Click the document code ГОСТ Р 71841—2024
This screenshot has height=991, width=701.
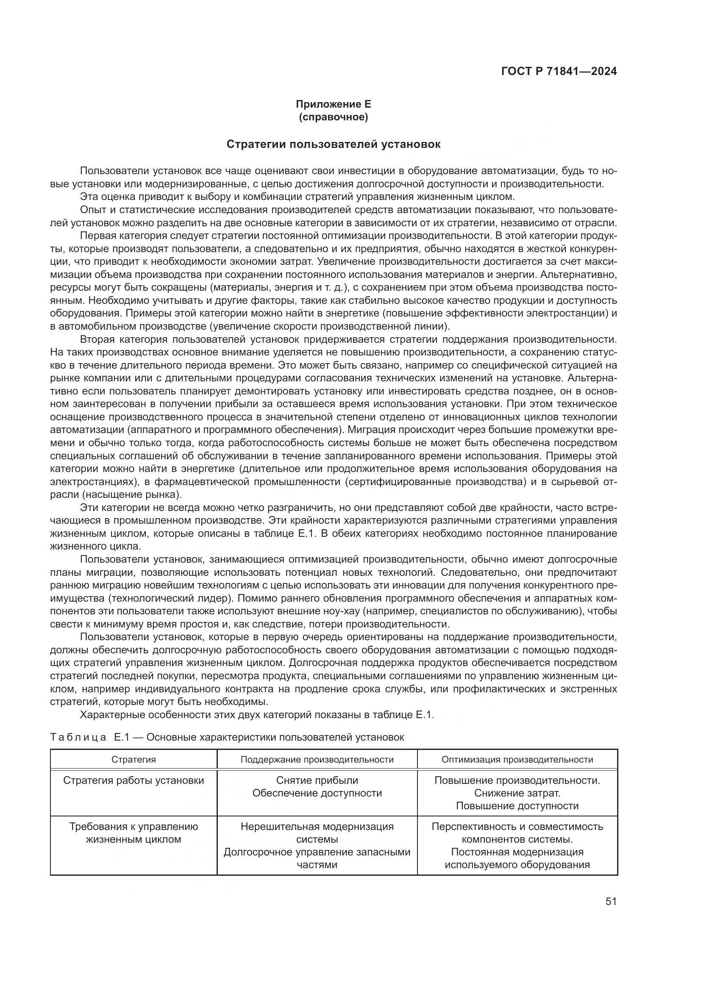point(559,72)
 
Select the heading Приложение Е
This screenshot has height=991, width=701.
point(333,104)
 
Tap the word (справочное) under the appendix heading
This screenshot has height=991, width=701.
point(333,117)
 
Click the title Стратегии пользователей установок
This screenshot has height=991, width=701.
point(333,144)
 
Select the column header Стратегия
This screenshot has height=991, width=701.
point(134,759)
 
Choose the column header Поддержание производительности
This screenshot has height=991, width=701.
point(317,759)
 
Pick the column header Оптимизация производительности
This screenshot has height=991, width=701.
point(517,759)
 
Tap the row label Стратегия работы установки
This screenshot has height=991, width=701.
point(134,780)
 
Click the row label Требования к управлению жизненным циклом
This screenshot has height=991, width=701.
point(134,833)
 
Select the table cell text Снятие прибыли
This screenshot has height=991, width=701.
point(317,780)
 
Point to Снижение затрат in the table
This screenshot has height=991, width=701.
point(517,793)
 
